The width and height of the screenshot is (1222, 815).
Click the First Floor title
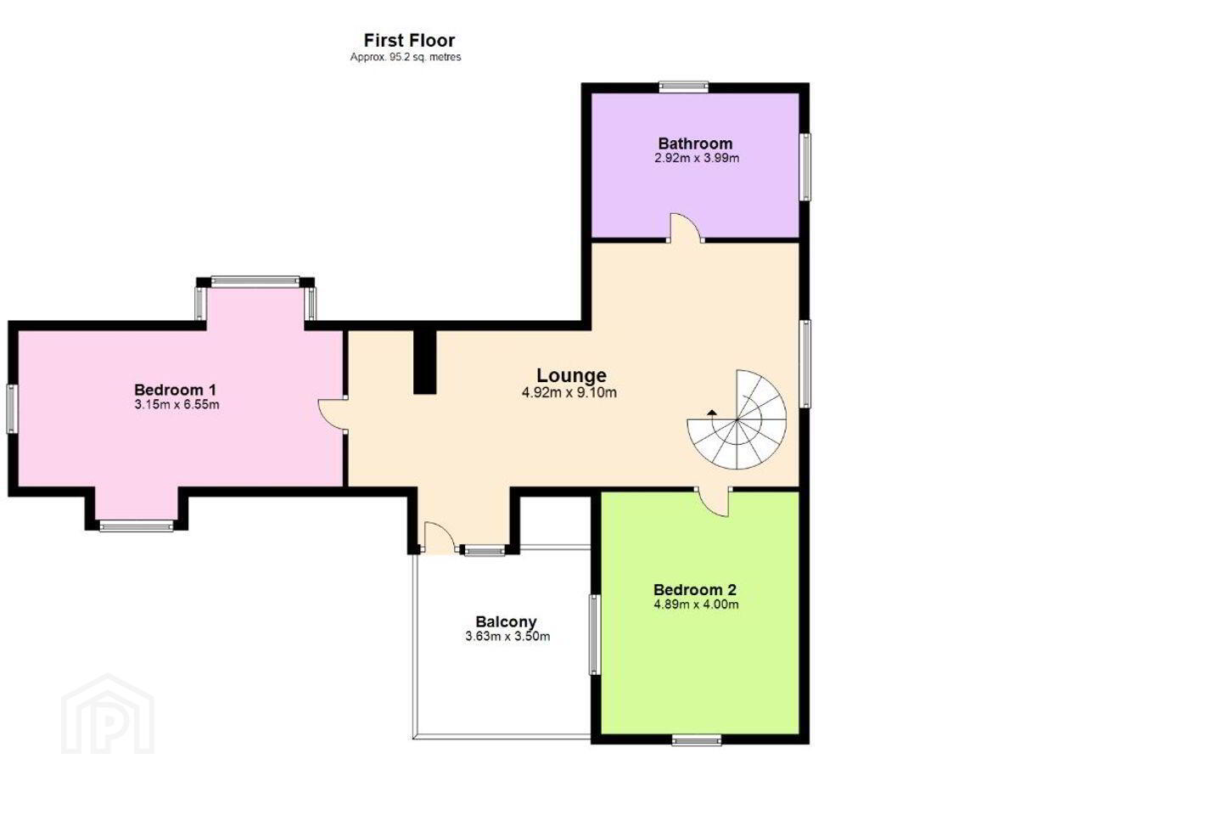tap(409, 41)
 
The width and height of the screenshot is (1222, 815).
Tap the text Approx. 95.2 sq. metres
tap(406, 57)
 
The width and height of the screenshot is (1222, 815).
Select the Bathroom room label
tap(695, 143)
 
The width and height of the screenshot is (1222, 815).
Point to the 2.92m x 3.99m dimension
tap(697, 158)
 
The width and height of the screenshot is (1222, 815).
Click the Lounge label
tap(571, 375)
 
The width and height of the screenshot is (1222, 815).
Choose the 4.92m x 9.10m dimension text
tap(569, 392)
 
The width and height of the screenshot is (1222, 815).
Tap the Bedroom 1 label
tap(175, 390)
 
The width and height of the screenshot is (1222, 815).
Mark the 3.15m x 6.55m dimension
tap(177, 404)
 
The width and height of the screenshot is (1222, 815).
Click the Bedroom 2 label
tap(694, 589)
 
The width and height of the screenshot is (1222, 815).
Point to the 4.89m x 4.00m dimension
tap(696, 604)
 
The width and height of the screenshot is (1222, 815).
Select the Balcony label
tap(506, 621)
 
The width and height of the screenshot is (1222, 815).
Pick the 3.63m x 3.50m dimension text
tap(507, 637)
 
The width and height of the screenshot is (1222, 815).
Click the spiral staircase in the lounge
tap(737, 419)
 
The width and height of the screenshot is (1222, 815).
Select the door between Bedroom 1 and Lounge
tap(333, 416)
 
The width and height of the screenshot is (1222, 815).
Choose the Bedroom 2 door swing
tap(714, 503)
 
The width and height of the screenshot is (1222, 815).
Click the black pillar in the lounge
tap(424, 362)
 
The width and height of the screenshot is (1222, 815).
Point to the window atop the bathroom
tap(683, 87)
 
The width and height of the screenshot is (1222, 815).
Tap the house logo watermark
tap(108, 714)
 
